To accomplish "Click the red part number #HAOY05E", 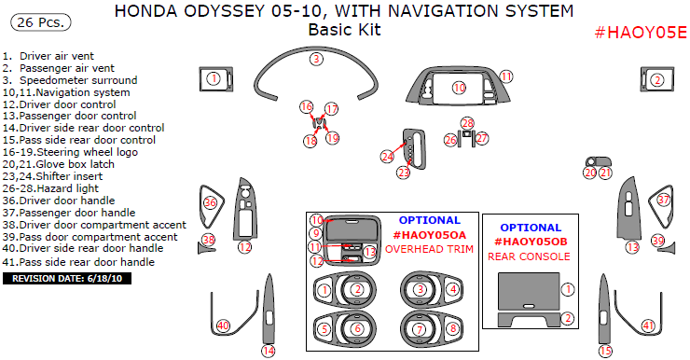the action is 641,33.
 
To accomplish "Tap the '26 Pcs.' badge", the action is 40,22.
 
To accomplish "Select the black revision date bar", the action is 67,279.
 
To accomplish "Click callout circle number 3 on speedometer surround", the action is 316,59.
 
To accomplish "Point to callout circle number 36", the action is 211,202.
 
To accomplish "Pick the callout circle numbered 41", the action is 648,325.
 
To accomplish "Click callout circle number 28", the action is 467,123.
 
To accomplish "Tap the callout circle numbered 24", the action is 387,157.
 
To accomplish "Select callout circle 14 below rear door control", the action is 269,351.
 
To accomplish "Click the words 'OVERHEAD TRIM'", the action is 429,249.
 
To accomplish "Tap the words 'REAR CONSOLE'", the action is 529,256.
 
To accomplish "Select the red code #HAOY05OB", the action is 531,242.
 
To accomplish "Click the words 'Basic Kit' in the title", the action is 345,30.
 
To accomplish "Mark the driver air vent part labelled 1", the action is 216,79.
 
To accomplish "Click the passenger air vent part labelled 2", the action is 657,79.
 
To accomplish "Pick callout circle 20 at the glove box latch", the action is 590,173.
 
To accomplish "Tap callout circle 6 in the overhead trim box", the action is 357,328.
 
